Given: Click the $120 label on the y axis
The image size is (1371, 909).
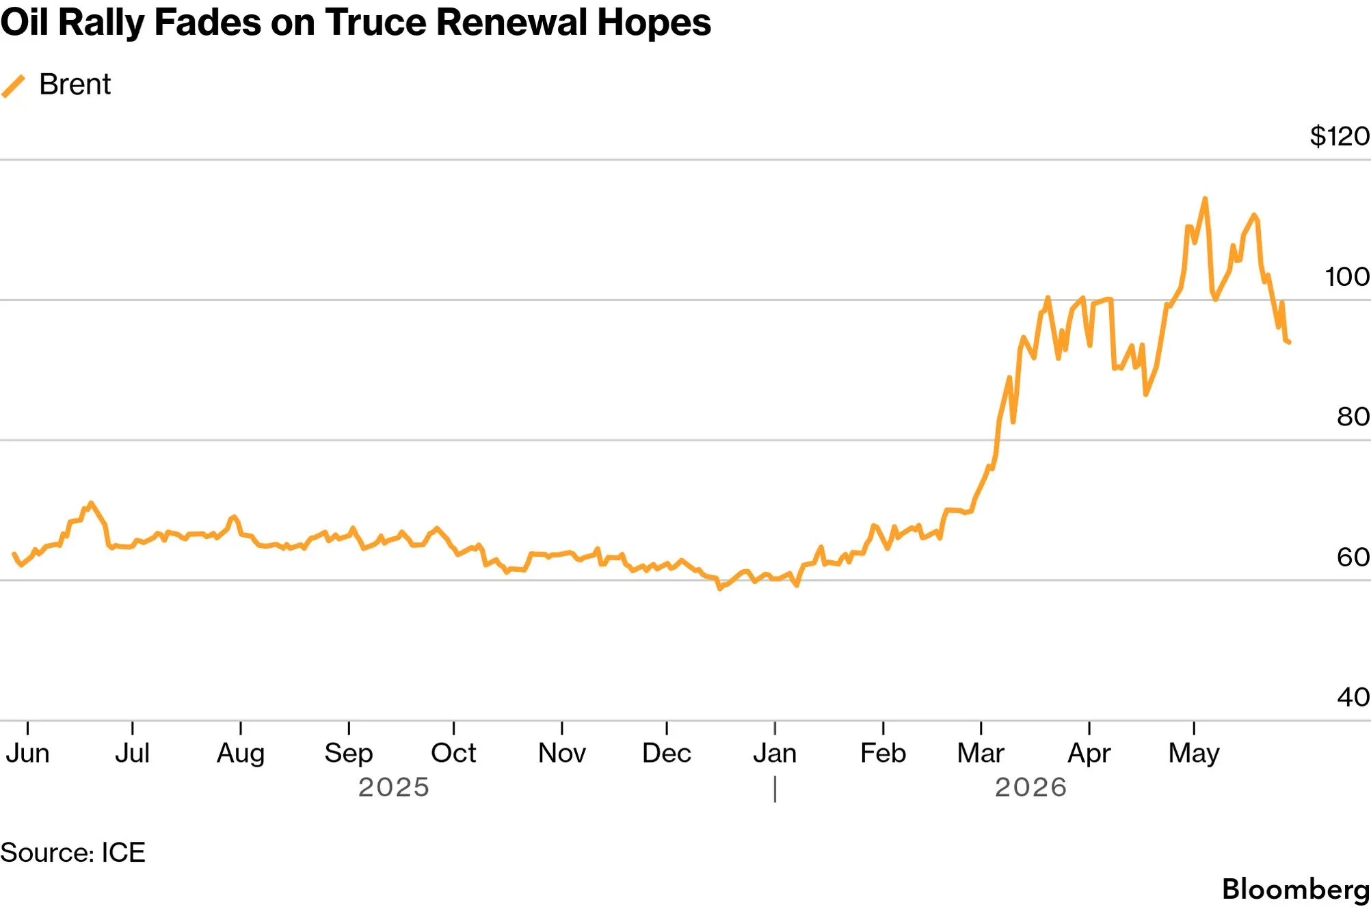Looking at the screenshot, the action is (1340, 136).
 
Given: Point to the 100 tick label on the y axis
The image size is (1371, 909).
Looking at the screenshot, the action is (1347, 276).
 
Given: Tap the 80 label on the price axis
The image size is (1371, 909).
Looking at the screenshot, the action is (1353, 417).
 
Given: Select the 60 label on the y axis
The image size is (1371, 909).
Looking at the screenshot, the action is (1353, 557).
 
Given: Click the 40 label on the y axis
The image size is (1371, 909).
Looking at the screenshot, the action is (1353, 697).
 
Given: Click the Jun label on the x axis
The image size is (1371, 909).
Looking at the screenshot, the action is (27, 753).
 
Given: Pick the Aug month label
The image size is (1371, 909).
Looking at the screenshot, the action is (241, 754).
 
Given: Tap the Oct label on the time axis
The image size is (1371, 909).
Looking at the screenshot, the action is (453, 753).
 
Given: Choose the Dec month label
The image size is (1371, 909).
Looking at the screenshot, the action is (667, 753).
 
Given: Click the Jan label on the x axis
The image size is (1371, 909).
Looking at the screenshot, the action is (775, 753).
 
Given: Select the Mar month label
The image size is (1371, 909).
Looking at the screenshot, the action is (981, 753).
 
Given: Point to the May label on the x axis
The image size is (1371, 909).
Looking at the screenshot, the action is (1194, 754).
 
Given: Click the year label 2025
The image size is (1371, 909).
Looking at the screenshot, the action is (394, 787).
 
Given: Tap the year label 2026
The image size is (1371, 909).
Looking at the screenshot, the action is (1030, 787).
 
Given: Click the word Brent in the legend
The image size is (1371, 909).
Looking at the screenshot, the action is (75, 84).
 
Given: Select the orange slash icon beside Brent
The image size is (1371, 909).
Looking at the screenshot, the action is (13, 86).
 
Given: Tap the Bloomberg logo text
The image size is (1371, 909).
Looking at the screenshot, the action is (1296, 890).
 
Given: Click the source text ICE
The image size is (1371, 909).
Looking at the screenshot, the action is (123, 852).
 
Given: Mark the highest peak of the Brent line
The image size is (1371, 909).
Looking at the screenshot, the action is (1205, 198).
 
